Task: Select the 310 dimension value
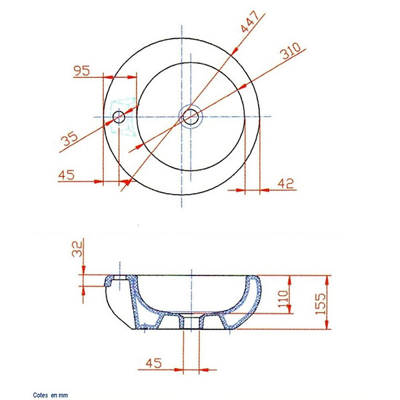coord(290,51)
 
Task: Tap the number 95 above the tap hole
coord(81,71)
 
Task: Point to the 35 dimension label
coord(69,138)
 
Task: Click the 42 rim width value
coord(286,184)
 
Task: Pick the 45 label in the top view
coord(66,175)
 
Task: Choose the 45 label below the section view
coord(153,363)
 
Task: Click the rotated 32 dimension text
coord(77,249)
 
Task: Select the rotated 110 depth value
coord(283,299)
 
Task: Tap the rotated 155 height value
coord(321,303)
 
